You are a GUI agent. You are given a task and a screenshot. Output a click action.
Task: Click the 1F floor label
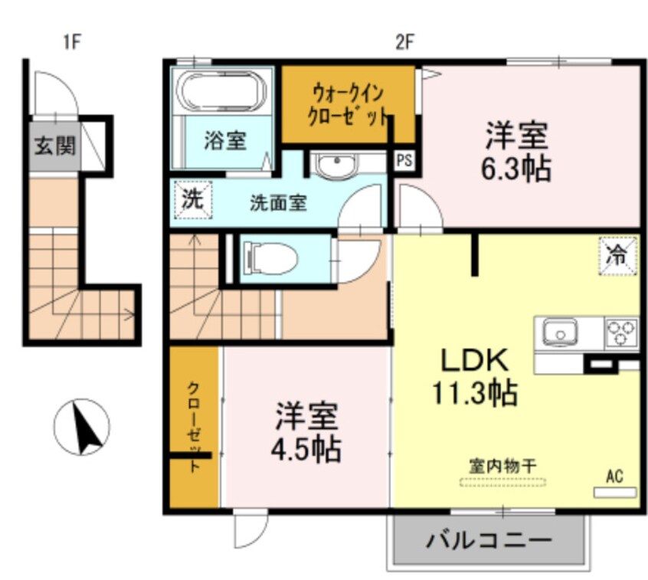click(x=71, y=42)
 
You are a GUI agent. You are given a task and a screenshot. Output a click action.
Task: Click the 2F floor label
click(x=404, y=42)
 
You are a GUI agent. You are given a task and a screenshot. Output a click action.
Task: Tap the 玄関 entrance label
click(x=53, y=146)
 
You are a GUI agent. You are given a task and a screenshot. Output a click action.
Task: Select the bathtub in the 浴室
click(x=221, y=92)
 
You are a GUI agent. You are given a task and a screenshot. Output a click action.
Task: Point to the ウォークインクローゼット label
click(x=347, y=106)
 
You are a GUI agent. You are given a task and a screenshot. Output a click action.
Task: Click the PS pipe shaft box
click(x=403, y=160)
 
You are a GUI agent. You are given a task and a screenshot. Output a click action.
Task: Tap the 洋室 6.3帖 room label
click(x=515, y=152)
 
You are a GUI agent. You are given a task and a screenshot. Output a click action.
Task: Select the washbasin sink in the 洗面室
click(x=335, y=165)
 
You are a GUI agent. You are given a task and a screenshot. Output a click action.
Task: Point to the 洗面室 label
click(x=278, y=203)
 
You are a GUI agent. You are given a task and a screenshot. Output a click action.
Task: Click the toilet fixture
click(x=269, y=257)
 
